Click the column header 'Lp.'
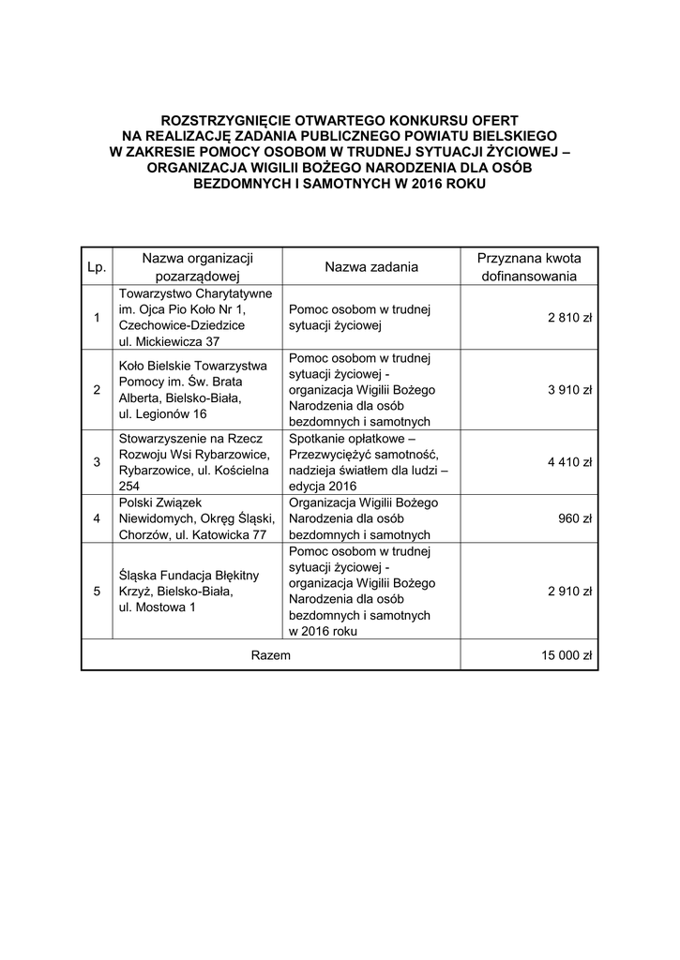coord(97,267)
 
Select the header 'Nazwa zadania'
coord(371,267)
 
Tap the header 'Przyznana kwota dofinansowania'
coord(529,267)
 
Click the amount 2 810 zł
coord(570,318)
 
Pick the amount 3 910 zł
coord(570,390)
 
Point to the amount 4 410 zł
coord(570,461)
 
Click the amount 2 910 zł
coord(570,591)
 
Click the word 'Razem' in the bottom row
coord(270,655)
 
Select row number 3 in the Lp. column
coord(97,461)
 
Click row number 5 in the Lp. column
coord(97,591)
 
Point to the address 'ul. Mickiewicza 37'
coord(169,341)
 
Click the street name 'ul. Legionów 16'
coord(163,413)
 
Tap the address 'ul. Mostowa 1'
coord(158,607)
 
